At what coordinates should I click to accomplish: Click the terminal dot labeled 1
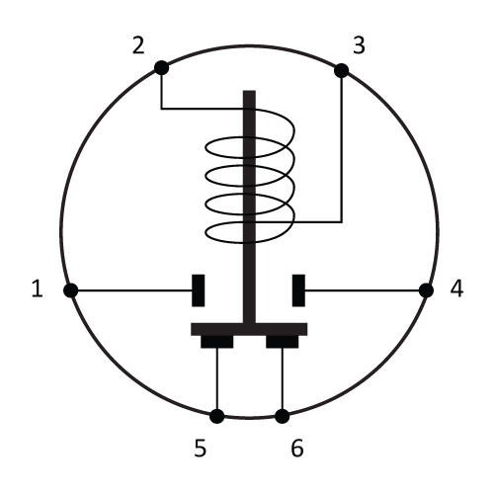tap(70, 290)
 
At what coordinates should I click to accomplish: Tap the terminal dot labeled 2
tap(161, 68)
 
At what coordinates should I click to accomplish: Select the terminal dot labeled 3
tap(342, 70)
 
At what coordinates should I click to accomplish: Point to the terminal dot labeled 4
tap(426, 290)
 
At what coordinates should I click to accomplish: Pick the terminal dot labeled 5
tap(217, 416)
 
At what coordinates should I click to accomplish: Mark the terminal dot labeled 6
tap(282, 416)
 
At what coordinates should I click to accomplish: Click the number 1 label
tap(38, 288)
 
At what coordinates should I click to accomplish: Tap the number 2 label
tap(138, 45)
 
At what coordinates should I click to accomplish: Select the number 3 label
tap(359, 45)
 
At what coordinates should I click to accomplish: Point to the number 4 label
tap(456, 288)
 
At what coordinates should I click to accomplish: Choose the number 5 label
tap(201, 449)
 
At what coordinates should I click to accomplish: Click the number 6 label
tap(297, 449)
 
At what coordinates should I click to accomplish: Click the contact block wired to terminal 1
tap(199, 290)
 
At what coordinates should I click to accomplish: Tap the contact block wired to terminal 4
tap(298, 290)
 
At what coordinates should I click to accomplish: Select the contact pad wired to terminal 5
tap(217, 342)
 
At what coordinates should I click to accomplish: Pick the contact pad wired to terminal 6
tap(283, 342)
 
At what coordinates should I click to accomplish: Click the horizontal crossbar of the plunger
tap(249, 329)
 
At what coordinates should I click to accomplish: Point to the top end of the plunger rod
tap(249, 91)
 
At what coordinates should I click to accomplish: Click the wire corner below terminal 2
tap(161, 109)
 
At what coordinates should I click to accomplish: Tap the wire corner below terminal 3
tap(342, 222)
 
